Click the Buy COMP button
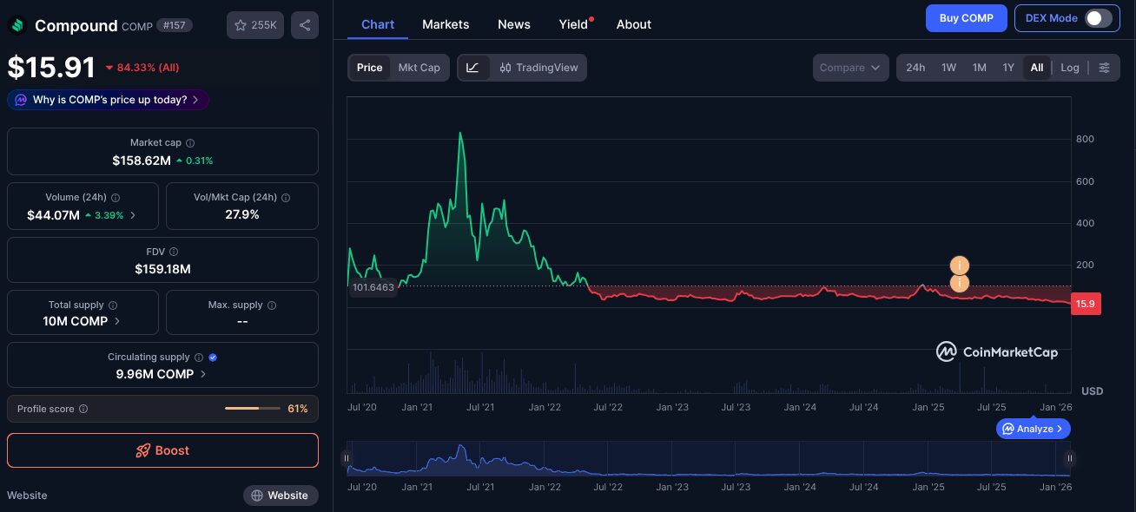(x=966, y=18)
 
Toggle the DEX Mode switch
(x=1098, y=18)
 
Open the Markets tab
(x=446, y=24)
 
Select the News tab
(x=514, y=24)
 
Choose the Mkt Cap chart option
(x=419, y=68)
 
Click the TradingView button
(x=538, y=68)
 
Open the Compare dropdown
(x=850, y=68)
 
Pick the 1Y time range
(x=1008, y=68)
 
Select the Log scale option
(x=1070, y=68)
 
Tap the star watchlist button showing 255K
(x=255, y=25)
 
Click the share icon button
(x=305, y=25)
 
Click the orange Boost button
(x=162, y=450)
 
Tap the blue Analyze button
(x=1033, y=429)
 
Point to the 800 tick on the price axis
(x=1085, y=139)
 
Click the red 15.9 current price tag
(x=1086, y=304)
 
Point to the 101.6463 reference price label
(x=373, y=287)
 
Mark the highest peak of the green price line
(x=460, y=133)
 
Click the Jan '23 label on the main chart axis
(x=672, y=407)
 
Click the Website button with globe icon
(x=281, y=496)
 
